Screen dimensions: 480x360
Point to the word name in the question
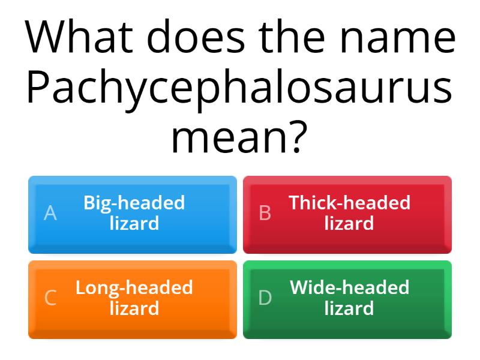point(398,39)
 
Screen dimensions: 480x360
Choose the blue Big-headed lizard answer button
point(133,215)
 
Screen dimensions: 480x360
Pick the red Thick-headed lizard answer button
point(347,215)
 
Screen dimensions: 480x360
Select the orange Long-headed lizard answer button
point(133,299)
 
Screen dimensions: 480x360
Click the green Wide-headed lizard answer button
point(347,299)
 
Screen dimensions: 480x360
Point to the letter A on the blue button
point(50,213)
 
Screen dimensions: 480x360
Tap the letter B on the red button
point(265,213)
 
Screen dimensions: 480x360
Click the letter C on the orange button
point(50,298)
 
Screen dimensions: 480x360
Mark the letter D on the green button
point(265,298)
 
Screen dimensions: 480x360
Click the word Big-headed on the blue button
point(134,203)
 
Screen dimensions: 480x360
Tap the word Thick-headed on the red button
point(349,202)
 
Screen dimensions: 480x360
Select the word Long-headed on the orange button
point(134,289)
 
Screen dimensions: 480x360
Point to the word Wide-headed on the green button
point(349,287)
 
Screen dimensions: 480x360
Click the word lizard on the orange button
point(134,308)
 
